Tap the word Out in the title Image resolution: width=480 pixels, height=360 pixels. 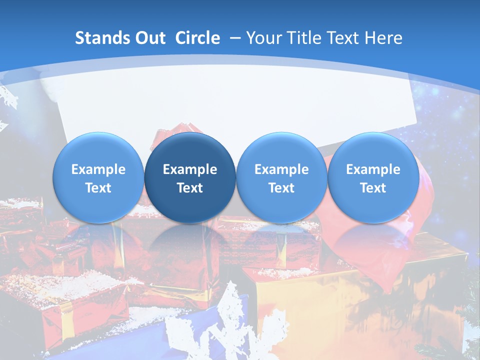[148, 38]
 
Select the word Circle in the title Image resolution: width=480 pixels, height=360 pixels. [197, 38]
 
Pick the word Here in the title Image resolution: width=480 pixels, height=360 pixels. [384, 38]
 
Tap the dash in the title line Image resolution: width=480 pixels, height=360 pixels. [235, 38]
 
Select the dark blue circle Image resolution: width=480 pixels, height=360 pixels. [190, 177]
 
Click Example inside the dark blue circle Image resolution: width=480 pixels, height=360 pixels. [190, 169]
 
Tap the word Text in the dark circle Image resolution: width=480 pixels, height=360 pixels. [190, 188]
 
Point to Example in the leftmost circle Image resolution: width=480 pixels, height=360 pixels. [98, 169]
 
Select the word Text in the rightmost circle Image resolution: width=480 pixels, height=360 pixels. [373, 188]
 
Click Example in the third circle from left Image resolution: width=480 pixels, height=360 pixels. [281, 169]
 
